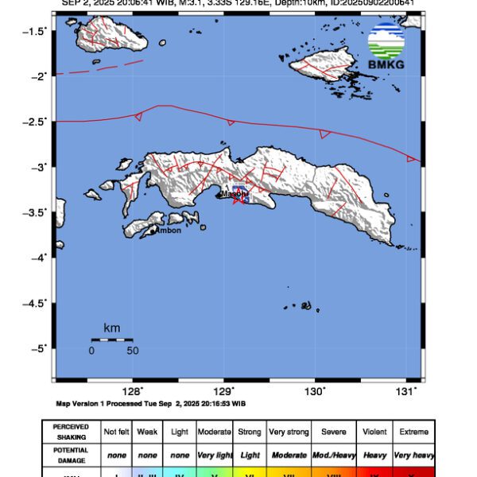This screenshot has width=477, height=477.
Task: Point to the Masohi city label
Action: click(x=234, y=193)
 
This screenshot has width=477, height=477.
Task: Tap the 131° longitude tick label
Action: click(x=406, y=390)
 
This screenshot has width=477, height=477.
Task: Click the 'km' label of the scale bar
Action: click(x=111, y=328)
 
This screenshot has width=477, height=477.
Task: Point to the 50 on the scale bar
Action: click(x=132, y=351)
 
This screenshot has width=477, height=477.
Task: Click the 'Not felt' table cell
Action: click(x=116, y=432)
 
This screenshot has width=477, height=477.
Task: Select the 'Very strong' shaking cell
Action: click(x=288, y=432)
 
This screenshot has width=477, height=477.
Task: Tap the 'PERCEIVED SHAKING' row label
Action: click(x=72, y=432)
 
